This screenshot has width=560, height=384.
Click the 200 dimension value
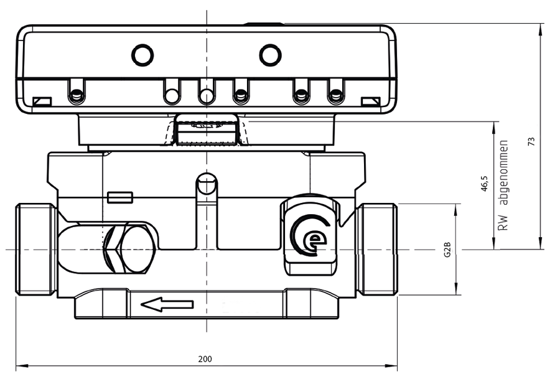205,358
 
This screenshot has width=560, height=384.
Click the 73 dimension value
532,141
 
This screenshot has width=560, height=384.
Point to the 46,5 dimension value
484,183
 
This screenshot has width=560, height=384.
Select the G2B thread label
447,250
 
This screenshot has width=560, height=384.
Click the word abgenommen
504,172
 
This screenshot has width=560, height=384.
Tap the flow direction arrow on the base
167,304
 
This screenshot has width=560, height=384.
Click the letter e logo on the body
310,235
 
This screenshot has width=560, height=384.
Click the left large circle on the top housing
142,55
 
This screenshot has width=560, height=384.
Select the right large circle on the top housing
270,55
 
